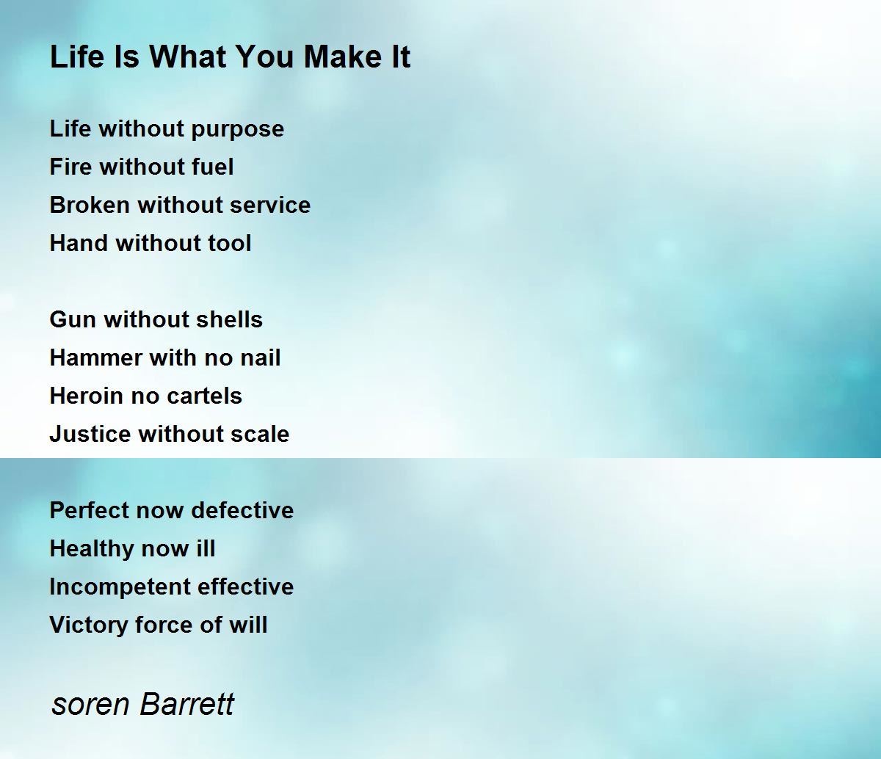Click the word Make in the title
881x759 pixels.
[338, 57]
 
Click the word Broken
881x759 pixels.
[90, 205]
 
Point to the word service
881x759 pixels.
[269, 205]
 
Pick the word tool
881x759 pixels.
[229, 243]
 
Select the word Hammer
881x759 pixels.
[95, 357]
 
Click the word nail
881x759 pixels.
[261, 357]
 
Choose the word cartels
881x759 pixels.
[205, 396]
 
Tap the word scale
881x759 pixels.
[260, 434]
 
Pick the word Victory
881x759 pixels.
[88, 625]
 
